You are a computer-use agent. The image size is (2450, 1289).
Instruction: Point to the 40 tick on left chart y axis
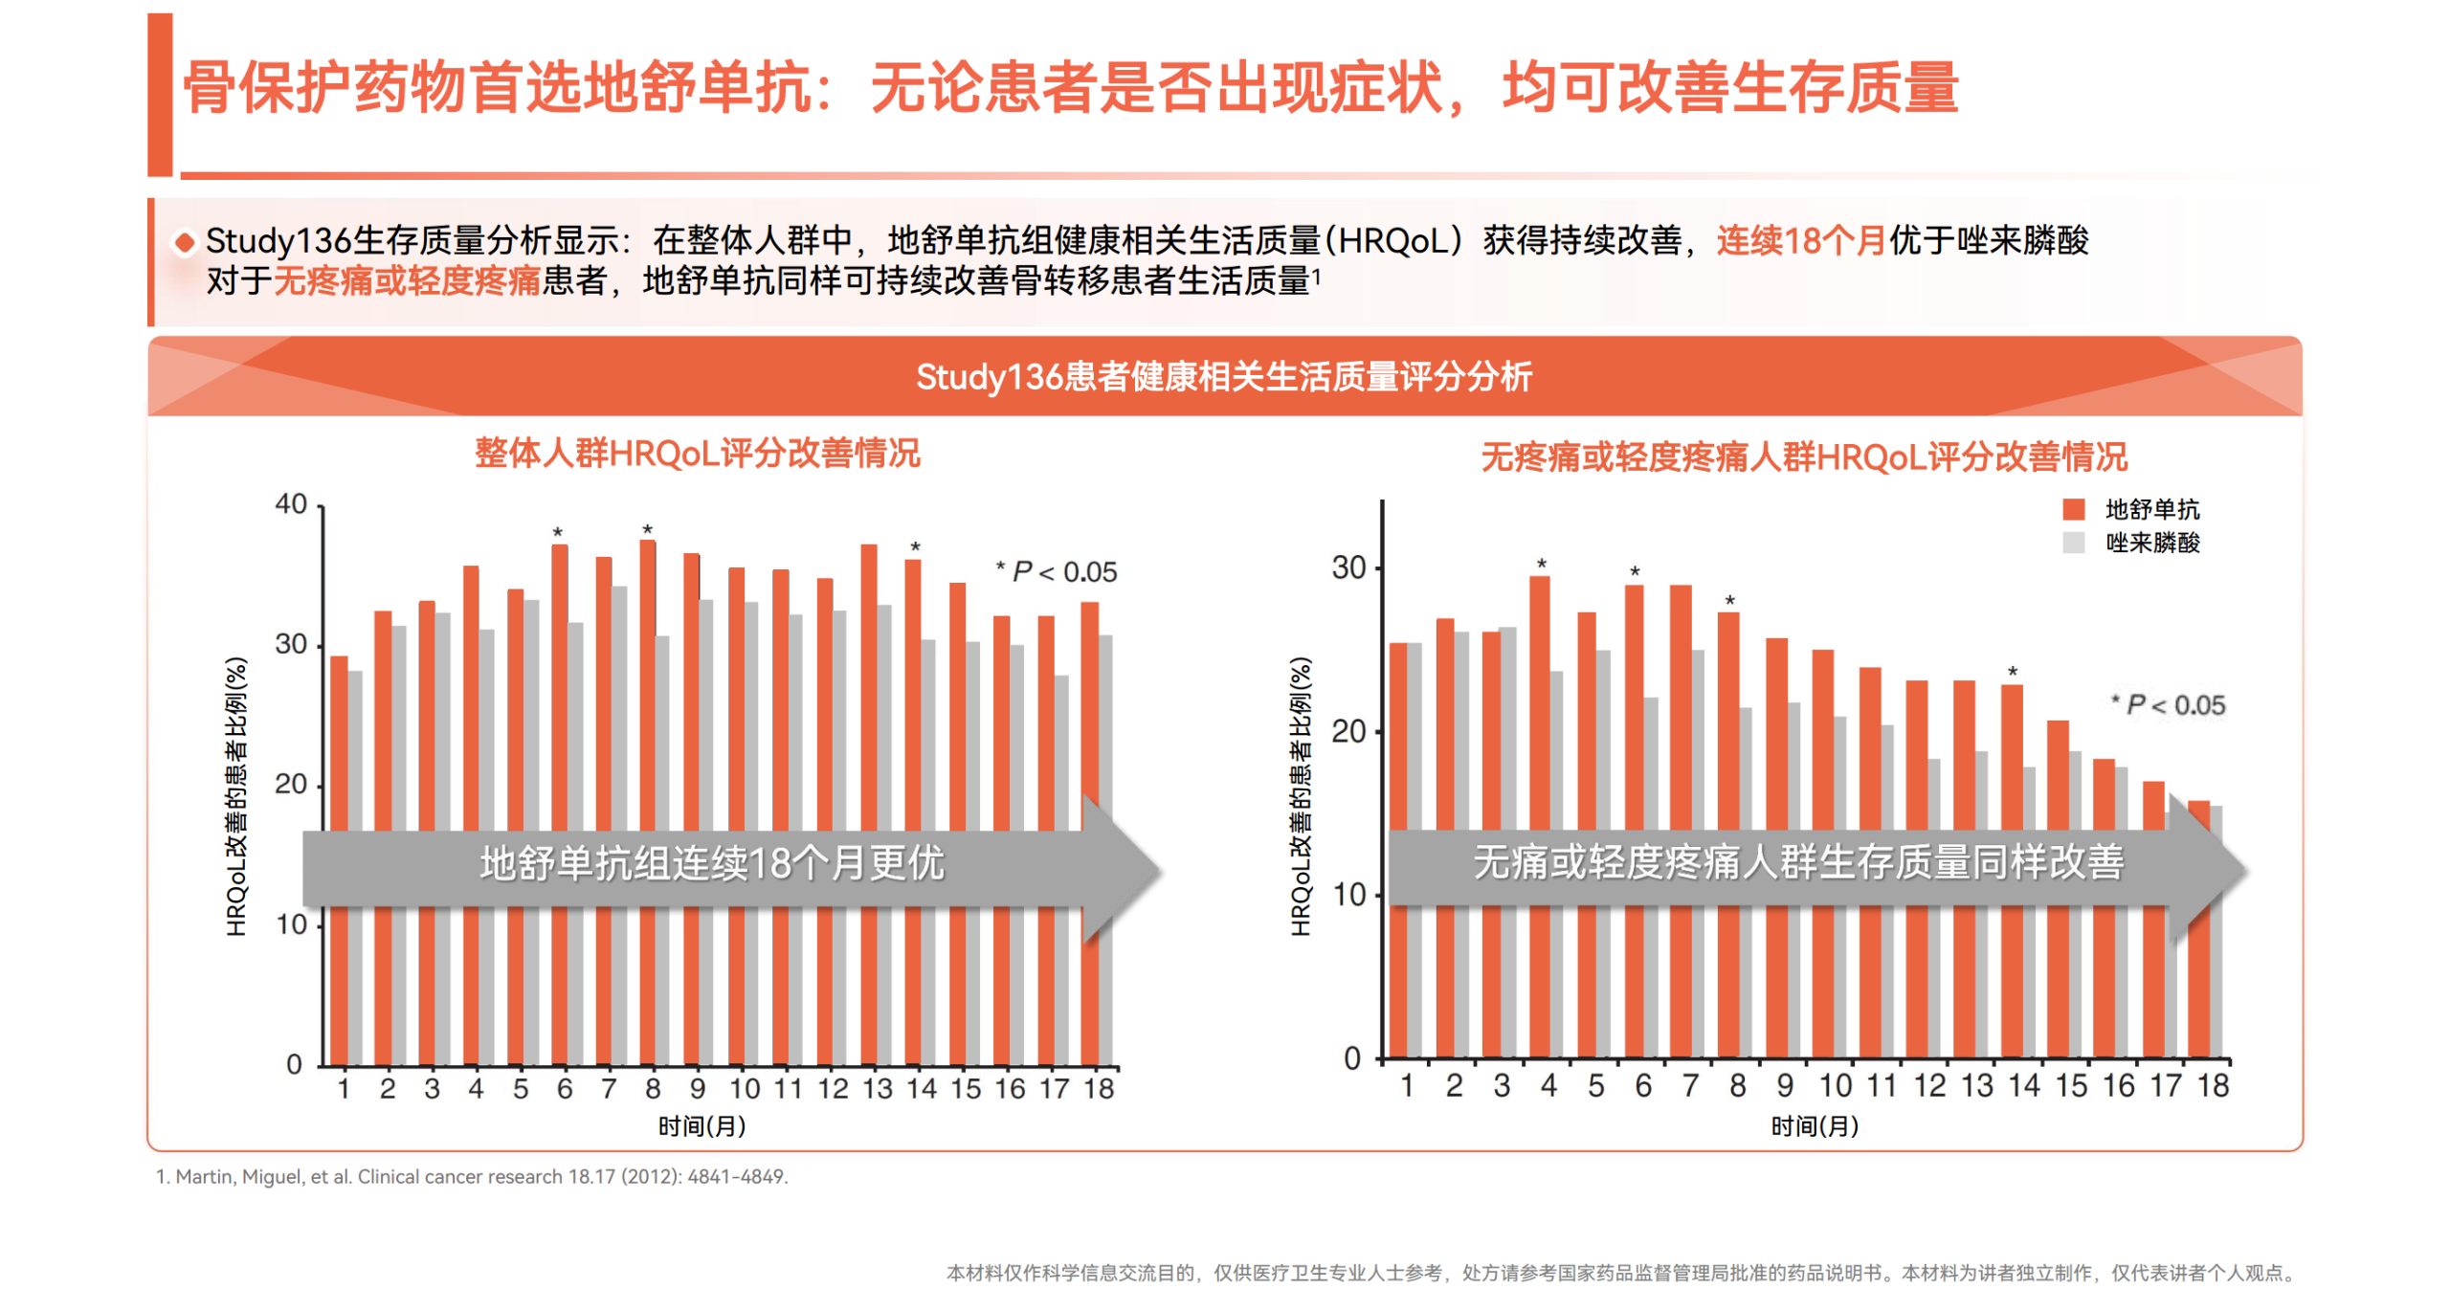pos(291,503)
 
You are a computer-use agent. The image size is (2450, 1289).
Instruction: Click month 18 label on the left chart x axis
pos(1098,1088)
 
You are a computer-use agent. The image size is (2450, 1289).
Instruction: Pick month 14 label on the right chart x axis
pos(2023,1085)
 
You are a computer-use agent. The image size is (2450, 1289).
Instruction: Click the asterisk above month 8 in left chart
pos(647,529)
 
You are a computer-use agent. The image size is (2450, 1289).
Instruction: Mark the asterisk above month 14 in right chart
pos(2012,672)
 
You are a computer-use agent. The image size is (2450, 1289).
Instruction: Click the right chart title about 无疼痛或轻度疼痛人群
pos(1803,456)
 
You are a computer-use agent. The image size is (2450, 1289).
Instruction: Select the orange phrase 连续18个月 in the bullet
pos(1800,240)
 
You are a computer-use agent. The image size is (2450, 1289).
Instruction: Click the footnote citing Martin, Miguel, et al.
pos(472,1176)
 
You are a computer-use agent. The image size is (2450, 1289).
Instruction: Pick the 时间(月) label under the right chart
pos(1814,1125)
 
